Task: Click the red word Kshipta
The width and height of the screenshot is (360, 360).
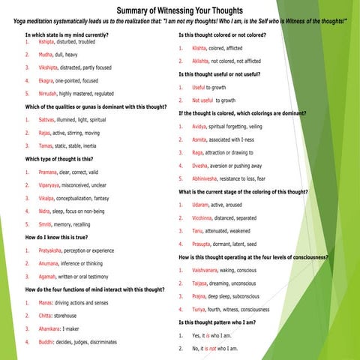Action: coord(49,42)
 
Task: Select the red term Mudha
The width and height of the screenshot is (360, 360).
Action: coord(46,55)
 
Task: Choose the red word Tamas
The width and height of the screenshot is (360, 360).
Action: coord(46,145)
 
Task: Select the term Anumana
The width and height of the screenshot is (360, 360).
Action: coord(50,263)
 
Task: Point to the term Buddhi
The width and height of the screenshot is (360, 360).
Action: coord(47,341)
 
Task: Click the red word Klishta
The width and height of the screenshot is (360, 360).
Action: coord(200,48)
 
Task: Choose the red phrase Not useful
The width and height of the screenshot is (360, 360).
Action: coord(203,100)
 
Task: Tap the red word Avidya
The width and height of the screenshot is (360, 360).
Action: coord(200,126)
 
